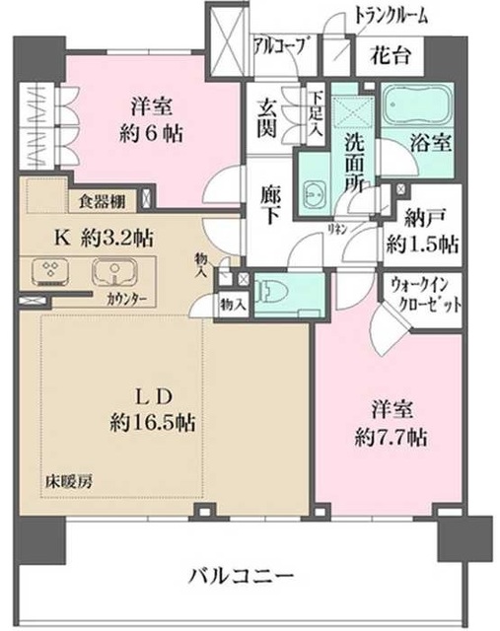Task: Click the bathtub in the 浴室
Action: click(414, 105)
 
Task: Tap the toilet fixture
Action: click(277, 291)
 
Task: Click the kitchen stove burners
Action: click(47, 271)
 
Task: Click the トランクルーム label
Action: click(393, 14)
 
